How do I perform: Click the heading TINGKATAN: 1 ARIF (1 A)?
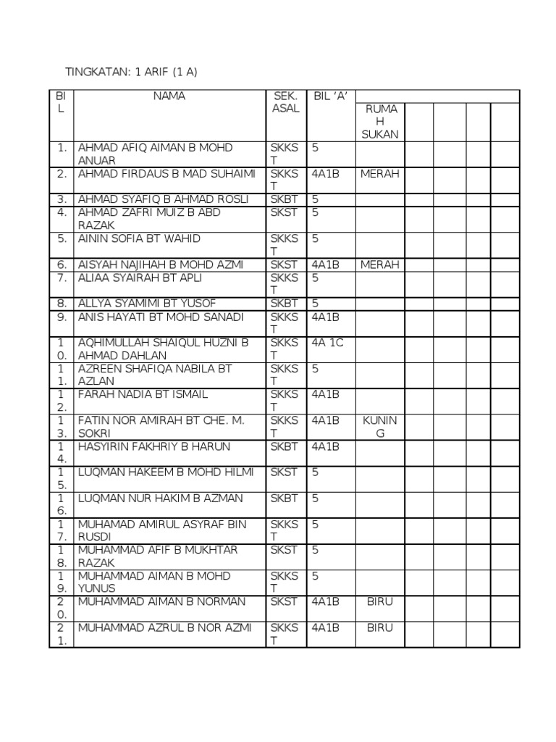[x=131, y=72]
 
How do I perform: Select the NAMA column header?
[x=169, y=96]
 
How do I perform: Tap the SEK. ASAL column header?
[x=285, y=102]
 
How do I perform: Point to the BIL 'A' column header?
[x=329, y=96]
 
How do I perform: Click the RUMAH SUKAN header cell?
[x=380, y=121]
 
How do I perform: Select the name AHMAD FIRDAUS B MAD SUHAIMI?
[x=167, y=174]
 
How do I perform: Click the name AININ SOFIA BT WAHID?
[x=139, y=238]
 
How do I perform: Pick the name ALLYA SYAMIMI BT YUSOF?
[x=147, y=303]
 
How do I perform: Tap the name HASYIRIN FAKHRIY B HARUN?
[x=153, y=446]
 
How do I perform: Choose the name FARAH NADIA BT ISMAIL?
[x=143, y=394]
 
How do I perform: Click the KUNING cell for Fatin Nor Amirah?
[x=380, y=427]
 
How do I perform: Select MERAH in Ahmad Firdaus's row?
[x=380, y=174]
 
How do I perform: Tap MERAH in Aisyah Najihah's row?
[x=380, y=264]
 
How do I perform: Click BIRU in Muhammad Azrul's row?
[x=380, y=628]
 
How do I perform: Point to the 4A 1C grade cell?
[x=327, y=343]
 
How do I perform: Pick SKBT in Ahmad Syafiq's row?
[x=284, y=199]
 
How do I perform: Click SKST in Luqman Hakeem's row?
[x=284, y=472]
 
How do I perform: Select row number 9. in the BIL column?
[x=62, y=317]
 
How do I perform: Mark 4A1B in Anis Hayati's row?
[x=326, y=317]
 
